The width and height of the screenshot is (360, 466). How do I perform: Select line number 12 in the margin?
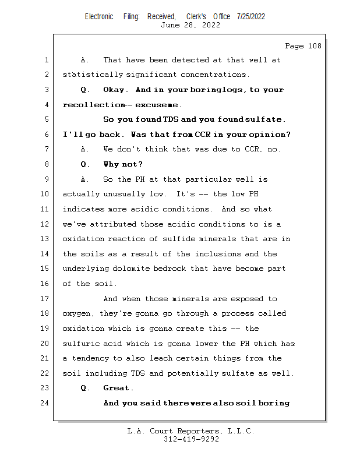point(47,224)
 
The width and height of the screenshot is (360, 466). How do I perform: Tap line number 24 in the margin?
point(47,403)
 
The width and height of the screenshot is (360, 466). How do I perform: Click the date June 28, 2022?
point(190,25)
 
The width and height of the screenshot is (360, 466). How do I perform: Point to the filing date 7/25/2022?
point(251,16)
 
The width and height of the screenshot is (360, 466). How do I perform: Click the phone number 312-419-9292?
point(191,440)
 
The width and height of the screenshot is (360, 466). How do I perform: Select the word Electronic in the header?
point(99,16)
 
